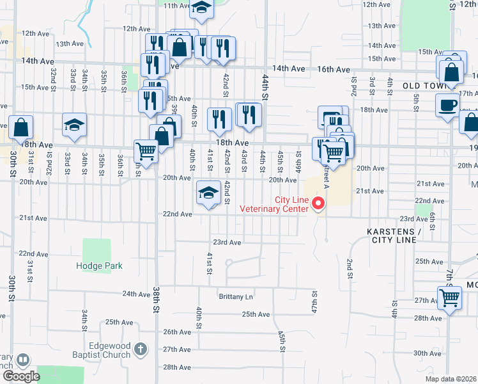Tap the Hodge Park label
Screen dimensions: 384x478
pos(99,266)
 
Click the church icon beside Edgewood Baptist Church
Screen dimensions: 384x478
pos(141,350)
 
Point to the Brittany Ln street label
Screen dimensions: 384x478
pos(236,297)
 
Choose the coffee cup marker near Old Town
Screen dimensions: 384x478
pos(447,104)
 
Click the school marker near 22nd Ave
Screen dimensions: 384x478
pos(208,193)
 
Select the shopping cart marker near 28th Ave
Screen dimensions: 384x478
pos(449,298)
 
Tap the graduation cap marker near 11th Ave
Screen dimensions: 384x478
pos(202,8)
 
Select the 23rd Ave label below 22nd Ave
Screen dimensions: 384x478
pos(227,243)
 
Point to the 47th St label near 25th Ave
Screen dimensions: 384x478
pos(314,299)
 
